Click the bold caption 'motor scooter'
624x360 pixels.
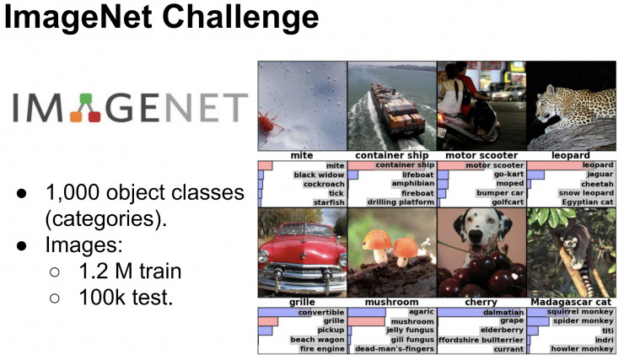[480, 155]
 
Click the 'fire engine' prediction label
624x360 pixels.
[320, 348]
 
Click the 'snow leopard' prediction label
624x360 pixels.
[586, 193]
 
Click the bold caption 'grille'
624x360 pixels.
[301, 302]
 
